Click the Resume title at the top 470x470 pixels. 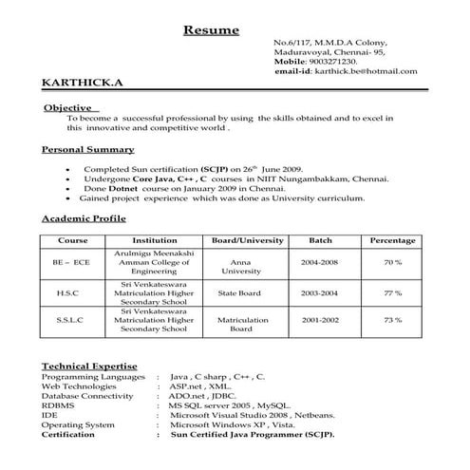click(x=211, y=30)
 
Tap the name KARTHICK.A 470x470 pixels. click(x=82, y=85)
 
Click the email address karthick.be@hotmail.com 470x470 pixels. click(x=363, y=71)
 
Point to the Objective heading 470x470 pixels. click(x=68, y=108)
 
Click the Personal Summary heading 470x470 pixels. click(x=87, y=150)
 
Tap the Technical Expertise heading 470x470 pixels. click(x=90, y=366)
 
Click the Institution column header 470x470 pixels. click(x=155, y=240)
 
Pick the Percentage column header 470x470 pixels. click(x=392, y=240)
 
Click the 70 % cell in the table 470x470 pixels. click(x=392, y=260)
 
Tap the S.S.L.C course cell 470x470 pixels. click(x=69, y=320)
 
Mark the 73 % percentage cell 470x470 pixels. click(x=392, y=320)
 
